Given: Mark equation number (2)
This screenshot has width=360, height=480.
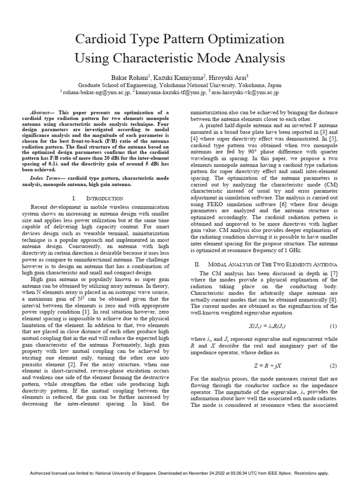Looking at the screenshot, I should (x=334, y=365).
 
